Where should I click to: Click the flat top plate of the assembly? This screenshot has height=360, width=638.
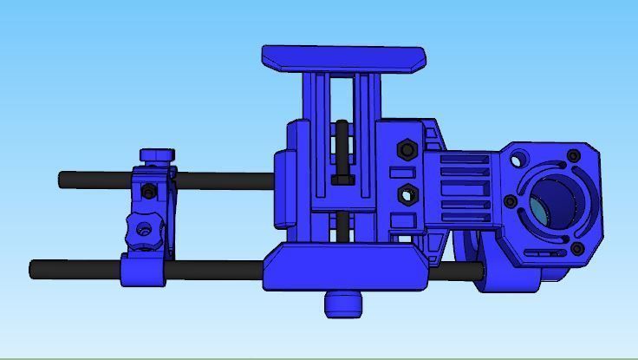pos(343,58)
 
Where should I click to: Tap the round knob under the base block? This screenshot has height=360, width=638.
pos(344,303)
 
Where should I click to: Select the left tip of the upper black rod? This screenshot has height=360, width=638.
pos(63,180)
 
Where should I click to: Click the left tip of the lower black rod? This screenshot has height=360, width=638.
pos(34,268)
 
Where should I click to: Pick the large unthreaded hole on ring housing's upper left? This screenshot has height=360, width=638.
pos(518,160)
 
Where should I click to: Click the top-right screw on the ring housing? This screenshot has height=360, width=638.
pos(573,156)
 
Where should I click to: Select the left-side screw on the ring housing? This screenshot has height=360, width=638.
pos(511,202)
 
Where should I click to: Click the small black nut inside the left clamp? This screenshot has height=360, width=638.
pos(149,190)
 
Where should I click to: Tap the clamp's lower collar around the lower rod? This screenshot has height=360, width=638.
pos(143,271)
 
